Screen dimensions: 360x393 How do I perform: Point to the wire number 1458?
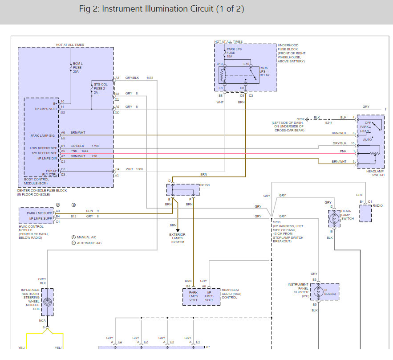[x=150, y=78]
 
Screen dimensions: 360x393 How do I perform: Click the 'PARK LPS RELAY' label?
[x=264, y=72]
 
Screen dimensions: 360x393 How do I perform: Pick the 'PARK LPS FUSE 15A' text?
[x=234, y=53]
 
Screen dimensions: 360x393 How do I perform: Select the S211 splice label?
[x=328, y=123]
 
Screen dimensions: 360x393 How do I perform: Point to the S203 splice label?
[x=276, y=221]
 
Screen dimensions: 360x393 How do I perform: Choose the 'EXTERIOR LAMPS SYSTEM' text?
[x=177, y=238]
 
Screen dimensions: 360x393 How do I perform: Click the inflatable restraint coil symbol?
[x=48, y=302]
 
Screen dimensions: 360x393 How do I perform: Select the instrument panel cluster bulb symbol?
[x=316, y=292]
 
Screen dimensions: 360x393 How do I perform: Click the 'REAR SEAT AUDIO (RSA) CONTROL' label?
[x=231, y=294]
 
